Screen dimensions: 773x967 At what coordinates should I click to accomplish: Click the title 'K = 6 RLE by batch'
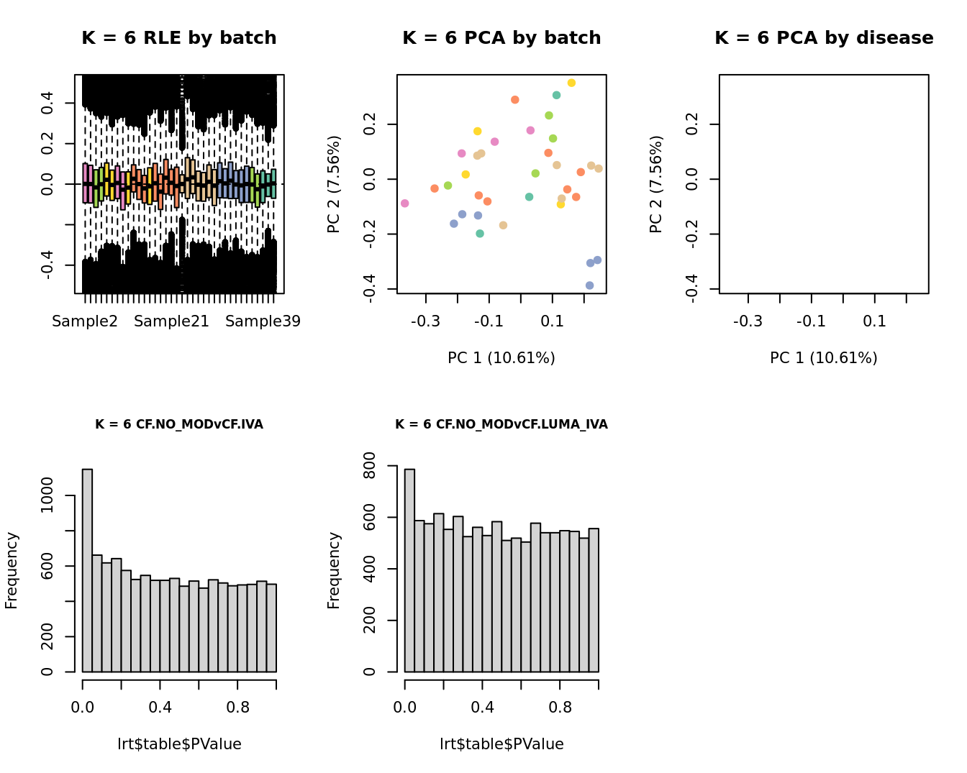tap(178, 38)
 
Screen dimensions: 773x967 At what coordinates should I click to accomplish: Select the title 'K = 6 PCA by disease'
tap(824, 38)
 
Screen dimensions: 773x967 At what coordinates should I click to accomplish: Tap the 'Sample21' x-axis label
tap(171, 321)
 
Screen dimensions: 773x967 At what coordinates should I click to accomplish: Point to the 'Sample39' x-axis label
tap(263, 321)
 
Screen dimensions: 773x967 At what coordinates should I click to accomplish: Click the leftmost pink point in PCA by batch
tap(405, 203)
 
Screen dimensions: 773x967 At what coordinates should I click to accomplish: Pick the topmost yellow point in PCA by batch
tap(571, 83)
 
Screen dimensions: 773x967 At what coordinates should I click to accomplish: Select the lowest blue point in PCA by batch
tap(589, 285)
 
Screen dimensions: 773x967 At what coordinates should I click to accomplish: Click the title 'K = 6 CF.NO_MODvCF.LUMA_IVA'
tap(501, 424)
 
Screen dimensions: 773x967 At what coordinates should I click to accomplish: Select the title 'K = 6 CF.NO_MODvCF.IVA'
tap(178, 424)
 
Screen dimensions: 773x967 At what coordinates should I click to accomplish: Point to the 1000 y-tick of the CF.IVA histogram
tap(47, 495)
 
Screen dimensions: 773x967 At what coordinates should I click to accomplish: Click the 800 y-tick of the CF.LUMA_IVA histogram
tap(370, 466)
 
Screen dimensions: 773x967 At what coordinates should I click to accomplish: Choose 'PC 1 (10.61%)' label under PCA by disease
tap(823, 357)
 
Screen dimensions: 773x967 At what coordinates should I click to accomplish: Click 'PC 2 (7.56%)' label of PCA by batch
tap(334, 184)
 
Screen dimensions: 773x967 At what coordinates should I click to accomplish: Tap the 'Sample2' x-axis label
tap(85, 321)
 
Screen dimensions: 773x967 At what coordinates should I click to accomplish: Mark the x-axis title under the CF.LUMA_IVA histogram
tap(501, 744)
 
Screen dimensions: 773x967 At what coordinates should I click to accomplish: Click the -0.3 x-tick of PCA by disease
tap(748, 321)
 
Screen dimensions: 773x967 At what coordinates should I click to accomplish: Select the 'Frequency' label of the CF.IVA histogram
tap(12, 570)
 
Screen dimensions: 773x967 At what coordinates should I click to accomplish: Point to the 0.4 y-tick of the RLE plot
tap(47, 103)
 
